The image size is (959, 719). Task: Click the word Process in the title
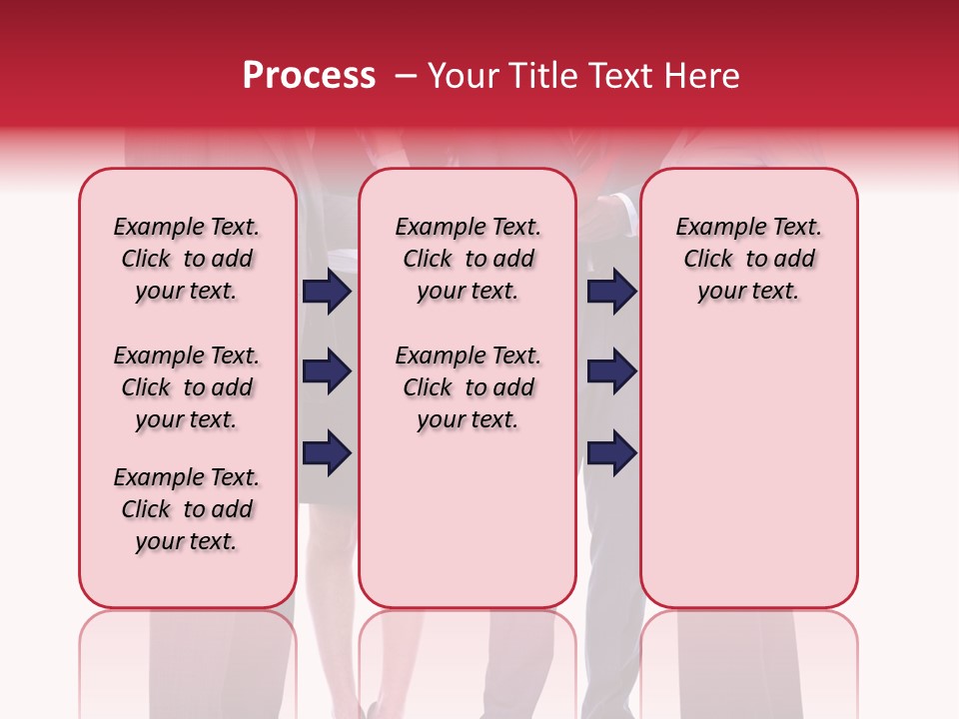pos(309,76)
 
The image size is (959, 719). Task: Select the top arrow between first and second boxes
pos(327,292)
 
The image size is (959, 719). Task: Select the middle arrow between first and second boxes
pos(327,372)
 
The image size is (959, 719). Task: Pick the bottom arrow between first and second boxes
pos(327,452)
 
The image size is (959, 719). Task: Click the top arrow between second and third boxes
pos(612,292)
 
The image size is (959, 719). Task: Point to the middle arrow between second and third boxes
pos(612,372)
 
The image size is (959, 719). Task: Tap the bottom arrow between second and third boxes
pos(612,452)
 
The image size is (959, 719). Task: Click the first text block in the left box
pos(187,259)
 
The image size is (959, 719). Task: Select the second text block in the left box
pos(187,387)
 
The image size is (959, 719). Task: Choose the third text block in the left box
pos(187,509)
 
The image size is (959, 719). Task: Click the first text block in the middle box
pos(468,259)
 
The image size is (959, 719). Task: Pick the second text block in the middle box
pos(468,387)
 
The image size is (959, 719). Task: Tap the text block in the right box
pos(748,259)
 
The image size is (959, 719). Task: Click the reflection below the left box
pos(188,659)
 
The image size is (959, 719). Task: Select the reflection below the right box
pos(748,659)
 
